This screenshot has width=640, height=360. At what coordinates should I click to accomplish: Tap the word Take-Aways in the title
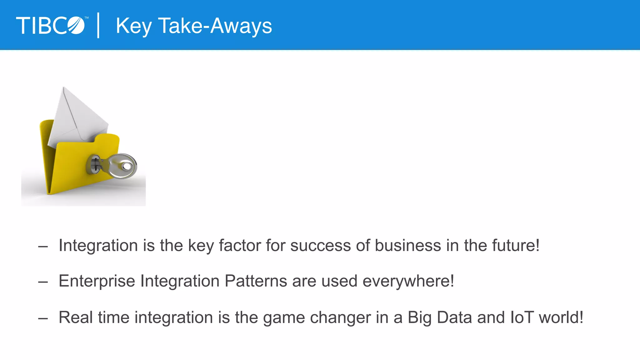pyautogui.click(x=215, y=26)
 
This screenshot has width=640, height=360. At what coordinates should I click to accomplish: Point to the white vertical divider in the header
pyautogui.click(x=98, y=25)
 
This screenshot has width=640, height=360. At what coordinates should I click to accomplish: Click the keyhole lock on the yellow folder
pyautogui.click(x=94, y=164)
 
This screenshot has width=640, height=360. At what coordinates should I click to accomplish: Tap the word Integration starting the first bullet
pyautogui.click(x=98, y=246)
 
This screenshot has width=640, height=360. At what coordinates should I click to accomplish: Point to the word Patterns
pyautogui.click(x=256, y=281)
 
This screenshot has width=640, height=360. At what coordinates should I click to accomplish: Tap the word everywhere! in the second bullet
pyautogui.click(x=408, y=281)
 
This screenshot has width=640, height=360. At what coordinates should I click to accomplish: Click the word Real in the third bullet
pyautogui.click(x=76, y=317)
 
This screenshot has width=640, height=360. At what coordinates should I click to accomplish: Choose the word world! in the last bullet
pyautogui.click(x=561, y=317)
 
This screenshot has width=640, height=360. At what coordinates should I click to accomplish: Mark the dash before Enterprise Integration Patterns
pyautogui.click(x=43, y=282)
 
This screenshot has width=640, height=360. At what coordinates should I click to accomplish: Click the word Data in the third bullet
pyautogui.click(x=454, y=317)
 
